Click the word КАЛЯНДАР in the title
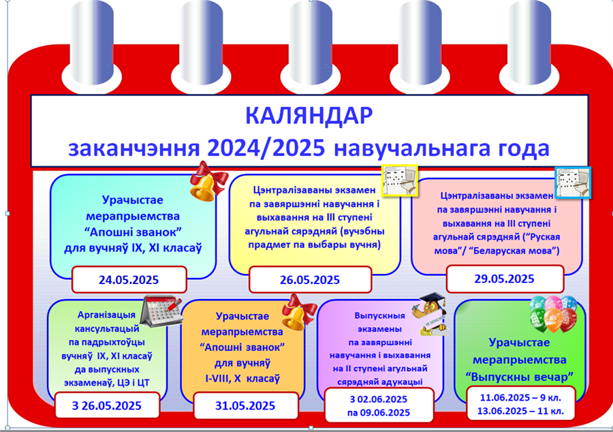(309, 115)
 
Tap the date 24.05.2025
(129, 280)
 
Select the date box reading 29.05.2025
(505, 279)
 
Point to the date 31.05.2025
(245, 406)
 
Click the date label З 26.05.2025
(106, 406)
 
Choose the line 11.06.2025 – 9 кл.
(520, 398)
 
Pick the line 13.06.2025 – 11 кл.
(520, 412)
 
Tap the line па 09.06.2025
(379, 413)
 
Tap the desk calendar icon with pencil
(161, 311)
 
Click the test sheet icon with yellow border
(400, 181)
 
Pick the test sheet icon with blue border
(573, 183)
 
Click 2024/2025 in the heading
(266, 149)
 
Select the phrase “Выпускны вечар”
(520, 377)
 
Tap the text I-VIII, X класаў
(242, 379)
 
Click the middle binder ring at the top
(310, 42)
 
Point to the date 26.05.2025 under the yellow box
(310, 280)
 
